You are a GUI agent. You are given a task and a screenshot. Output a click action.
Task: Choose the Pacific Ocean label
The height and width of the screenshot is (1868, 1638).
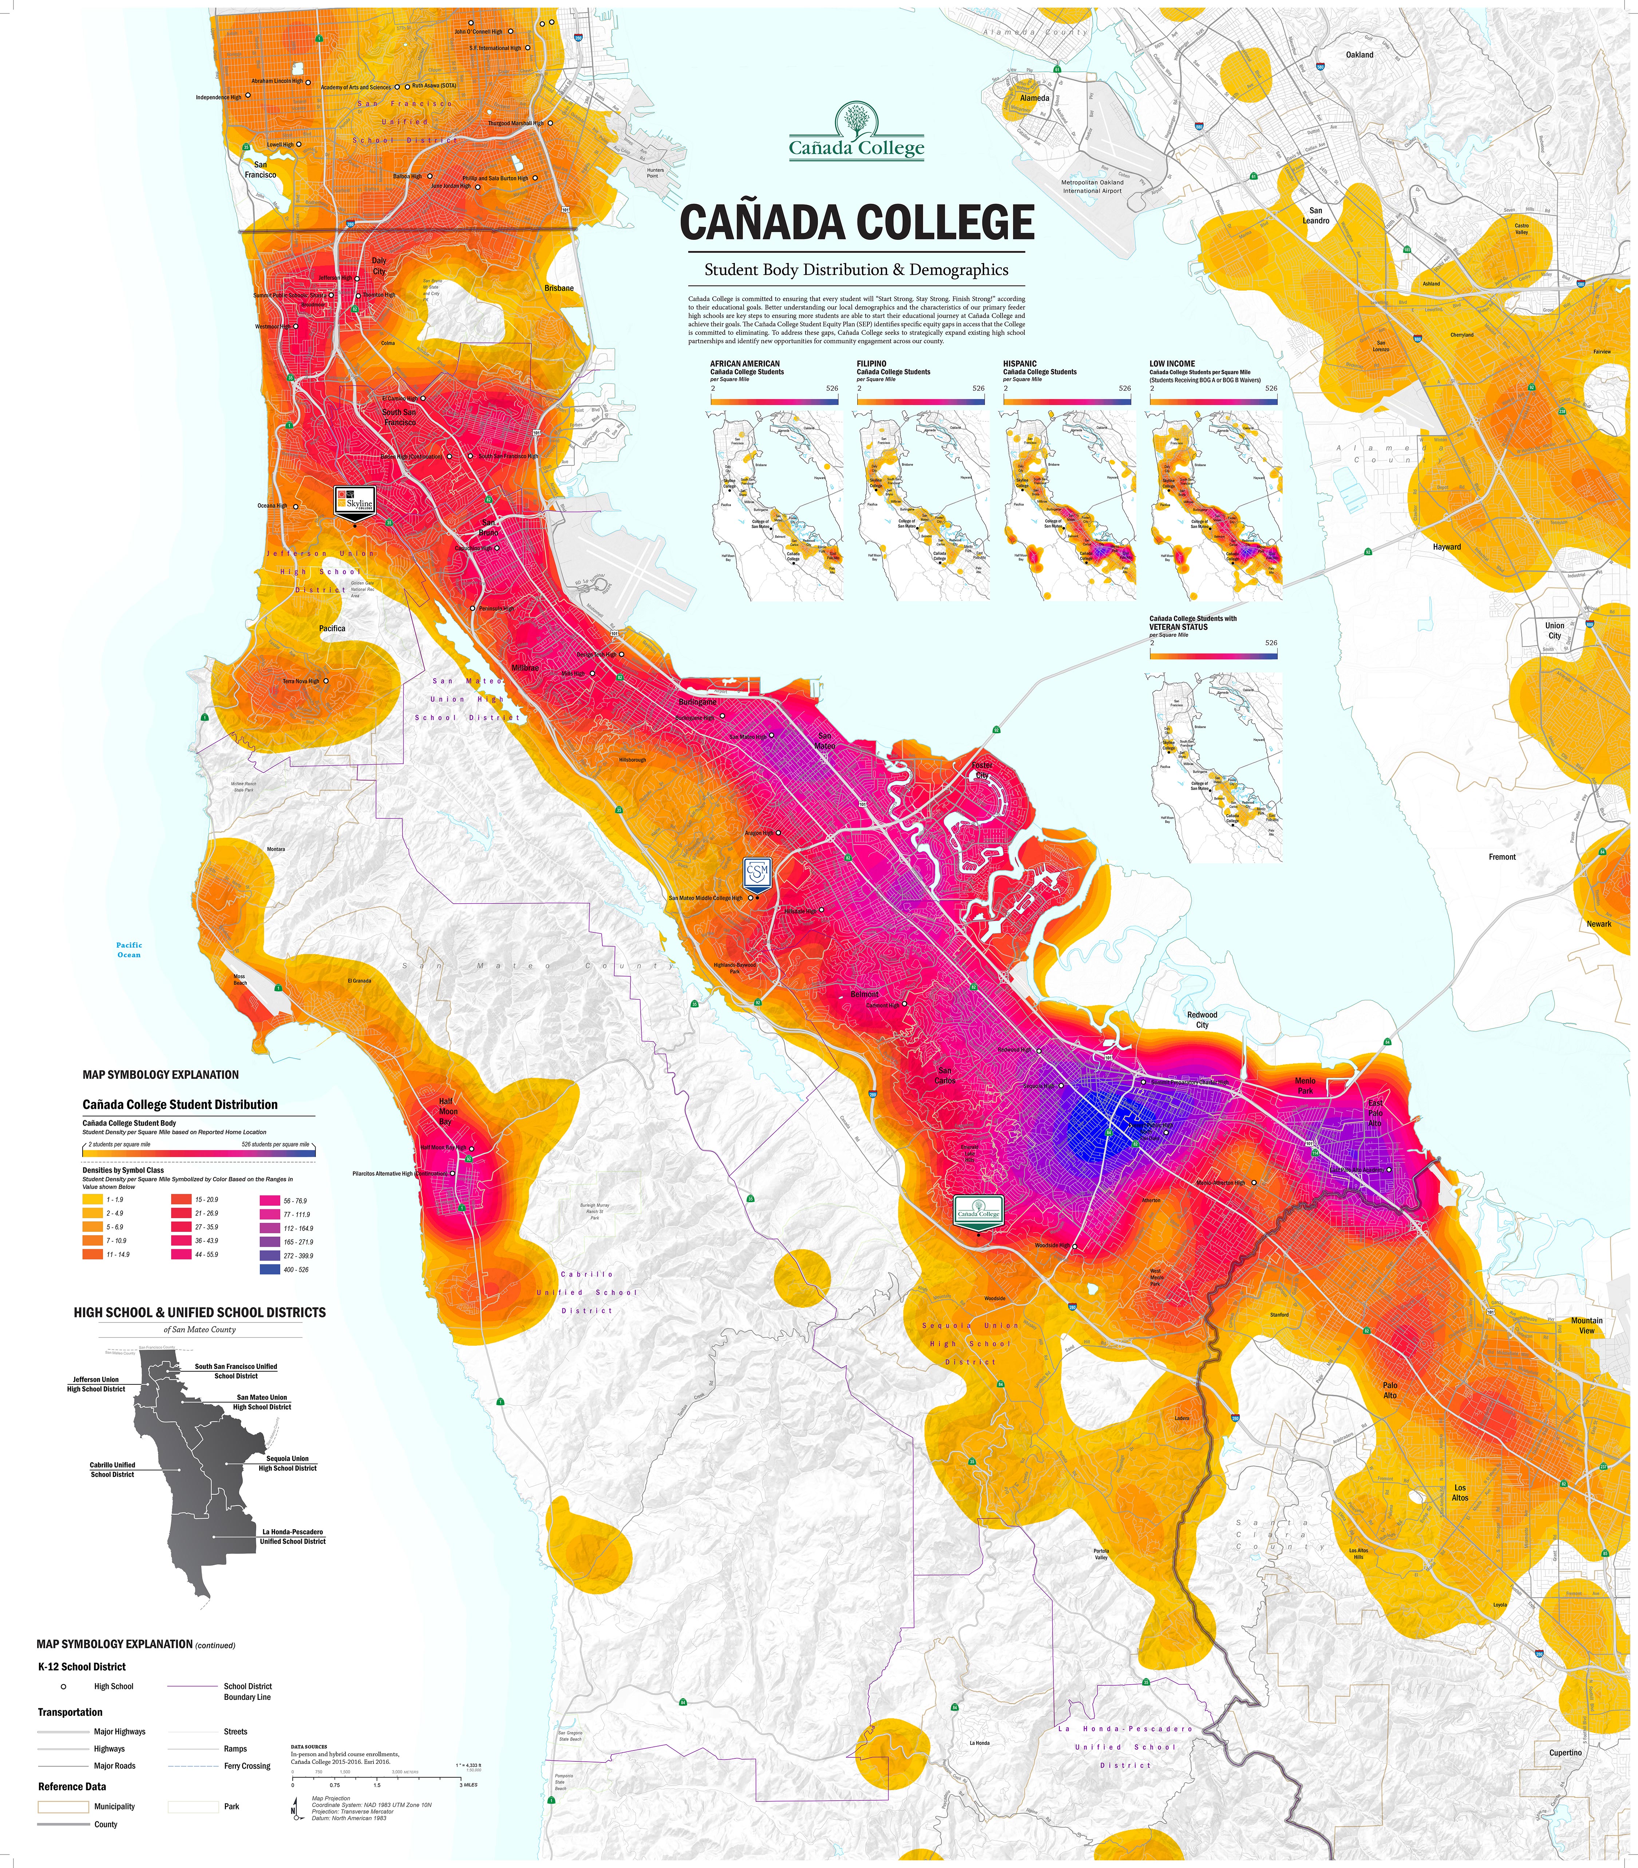[129, 949]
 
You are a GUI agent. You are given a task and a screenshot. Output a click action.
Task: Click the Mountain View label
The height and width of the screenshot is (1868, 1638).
[1587, 1325]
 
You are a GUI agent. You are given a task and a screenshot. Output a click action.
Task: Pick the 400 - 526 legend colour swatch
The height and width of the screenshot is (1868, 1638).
[272, 1269]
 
